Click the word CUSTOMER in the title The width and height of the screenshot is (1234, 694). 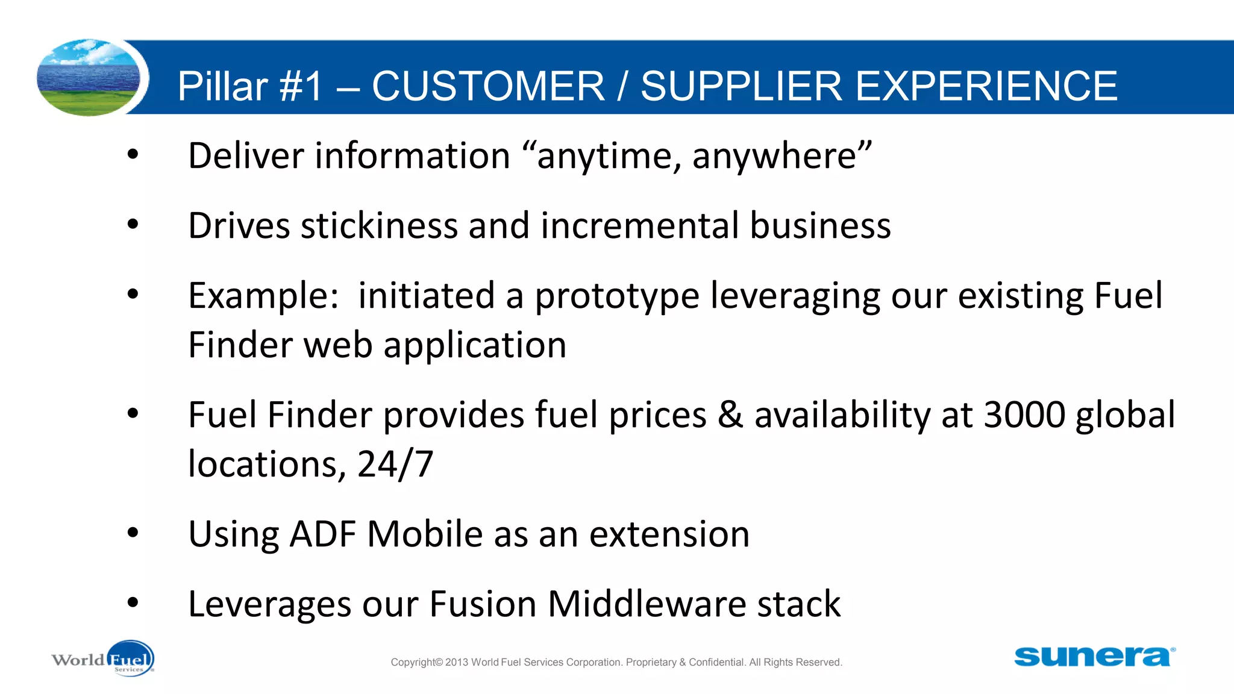(x=488, y=86)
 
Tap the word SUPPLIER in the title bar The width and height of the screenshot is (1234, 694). (x=741, y=86)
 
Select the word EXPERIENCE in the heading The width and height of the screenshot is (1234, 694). (x=986, y=86)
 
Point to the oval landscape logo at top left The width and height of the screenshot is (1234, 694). (x=89, y=77)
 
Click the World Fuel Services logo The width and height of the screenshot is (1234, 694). (x=103, y=658)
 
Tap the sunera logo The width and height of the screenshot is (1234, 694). (x=1094, y=656)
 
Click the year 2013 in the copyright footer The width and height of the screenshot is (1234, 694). (x=457, y=662)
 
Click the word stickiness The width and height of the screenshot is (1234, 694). (x=379, y=226)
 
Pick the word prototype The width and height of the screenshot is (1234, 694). (x=617, y=296)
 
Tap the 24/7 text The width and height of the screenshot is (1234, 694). (x=395, y=464)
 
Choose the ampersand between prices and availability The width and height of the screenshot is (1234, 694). (x=730, y=415)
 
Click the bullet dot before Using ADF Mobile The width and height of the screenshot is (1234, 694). (x=133, y=533)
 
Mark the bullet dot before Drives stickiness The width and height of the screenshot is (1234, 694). (x=133, y=224)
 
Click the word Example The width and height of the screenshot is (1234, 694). (x=263, y=296)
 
